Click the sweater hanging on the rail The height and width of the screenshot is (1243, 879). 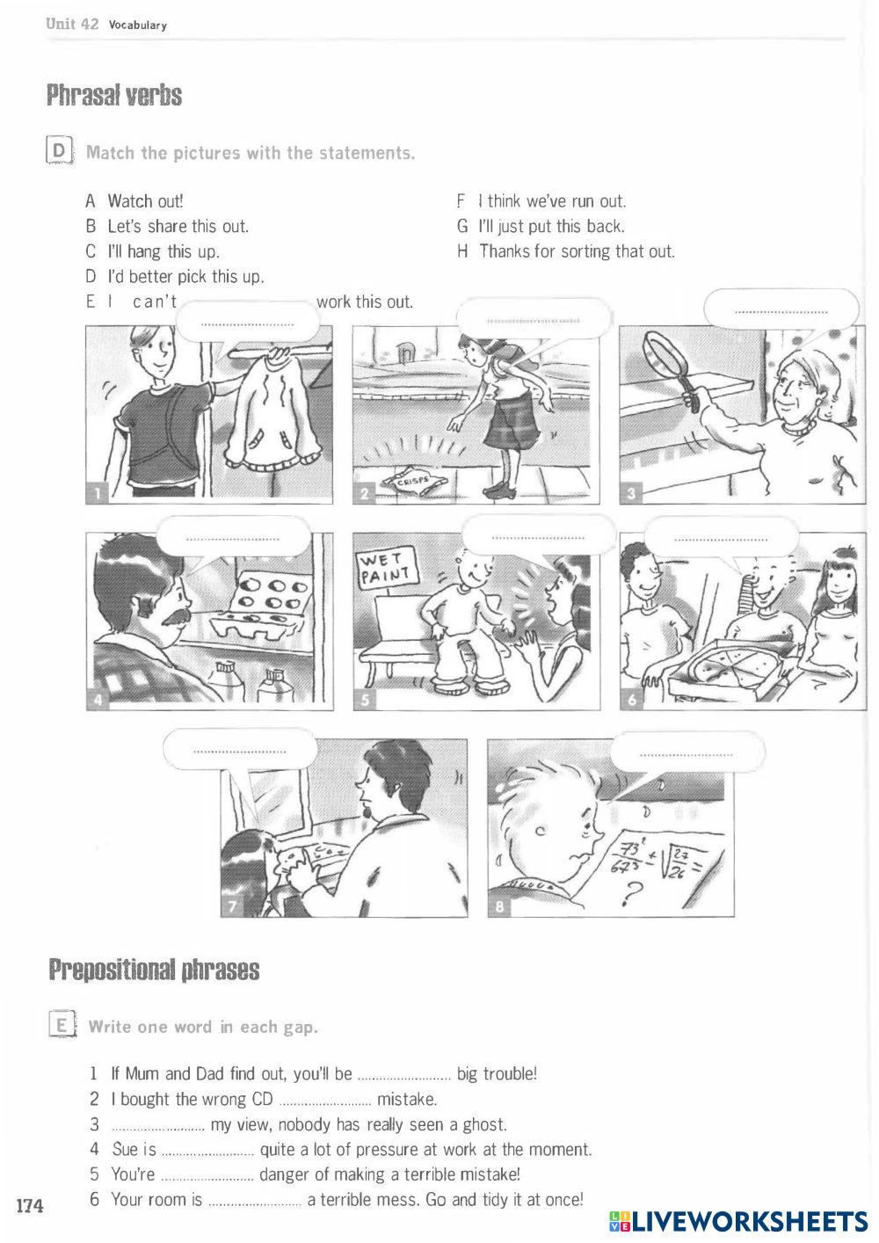tap(272, 411)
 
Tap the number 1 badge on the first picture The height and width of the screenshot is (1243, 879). tap(97, 493)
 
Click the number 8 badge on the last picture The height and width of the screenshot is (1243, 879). tap(499, 906)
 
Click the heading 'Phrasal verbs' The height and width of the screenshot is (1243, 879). tap(114, 95)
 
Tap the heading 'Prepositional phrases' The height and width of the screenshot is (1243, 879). tap(154, 970)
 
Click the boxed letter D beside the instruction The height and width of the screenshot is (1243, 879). tap(59, 151)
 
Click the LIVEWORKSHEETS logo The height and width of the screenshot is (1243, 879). tap(738, 1221)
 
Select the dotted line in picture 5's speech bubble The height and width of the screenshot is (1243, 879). tap(538, 538)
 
